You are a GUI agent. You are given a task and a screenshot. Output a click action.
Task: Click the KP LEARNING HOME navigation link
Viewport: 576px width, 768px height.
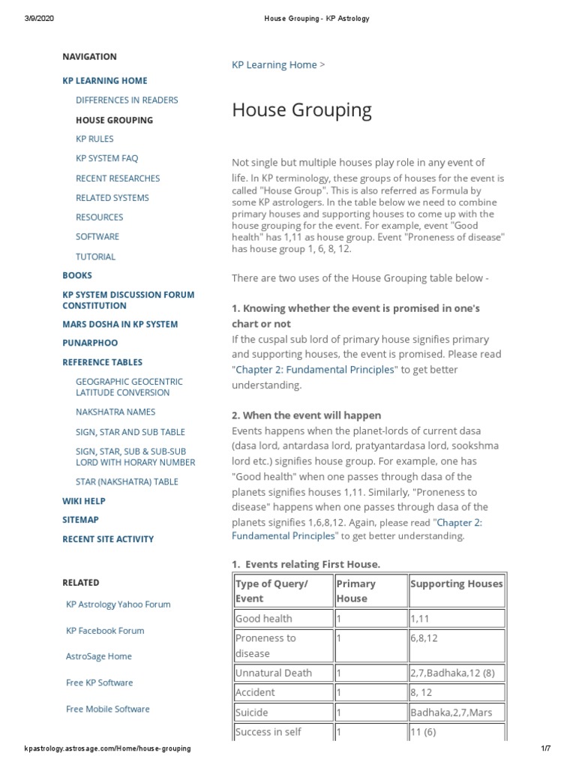pyautogui.click(x=104, y=80)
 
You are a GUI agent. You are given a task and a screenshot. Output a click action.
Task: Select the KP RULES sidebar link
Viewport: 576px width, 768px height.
pyautogui.click(x=94, y=139)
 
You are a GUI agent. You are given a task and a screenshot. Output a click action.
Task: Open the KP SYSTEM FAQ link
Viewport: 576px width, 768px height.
pyautogui.click(x=106, y=158)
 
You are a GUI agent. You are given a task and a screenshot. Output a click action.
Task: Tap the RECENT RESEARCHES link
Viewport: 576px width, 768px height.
pyautogui.click(x=117, y=178)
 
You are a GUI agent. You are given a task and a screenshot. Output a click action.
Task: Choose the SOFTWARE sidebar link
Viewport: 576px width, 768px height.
pyautogui.click(x=97, y=236)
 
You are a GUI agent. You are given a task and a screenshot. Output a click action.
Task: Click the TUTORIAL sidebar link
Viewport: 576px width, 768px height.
pyautogui.click(x=95, y=256)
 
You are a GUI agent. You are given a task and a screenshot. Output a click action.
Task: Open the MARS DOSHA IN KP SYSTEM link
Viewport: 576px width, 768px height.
pyautogui.click(x=120, y=324)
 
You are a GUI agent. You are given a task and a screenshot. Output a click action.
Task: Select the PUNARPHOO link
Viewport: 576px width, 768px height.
pyautogui.click(x=89, y=343)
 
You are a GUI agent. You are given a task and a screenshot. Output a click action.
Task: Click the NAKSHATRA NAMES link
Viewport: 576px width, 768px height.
pyautogui.click(x=115, y=412)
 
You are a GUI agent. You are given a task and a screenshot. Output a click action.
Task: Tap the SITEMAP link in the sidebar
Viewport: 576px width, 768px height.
pyautogui.click(x=80, y=520)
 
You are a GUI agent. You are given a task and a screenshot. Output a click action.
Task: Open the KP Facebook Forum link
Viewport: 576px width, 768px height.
pyautogui.click(x=105, y=631)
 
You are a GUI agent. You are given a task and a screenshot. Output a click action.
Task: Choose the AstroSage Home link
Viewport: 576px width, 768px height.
pyautogui.click(x=98, y=656)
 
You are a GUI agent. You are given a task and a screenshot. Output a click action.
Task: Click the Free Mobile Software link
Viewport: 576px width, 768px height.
pyautogui.click(x=107, y=709)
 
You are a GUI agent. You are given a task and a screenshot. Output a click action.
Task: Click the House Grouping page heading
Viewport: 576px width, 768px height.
pyautogui.click(x=301, y=110)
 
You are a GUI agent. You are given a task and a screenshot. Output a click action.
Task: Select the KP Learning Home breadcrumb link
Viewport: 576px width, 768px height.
pyautogui.click(x=274, y=64)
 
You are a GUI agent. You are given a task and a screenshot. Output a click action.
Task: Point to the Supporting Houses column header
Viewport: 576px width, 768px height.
pyautogui.click(x=456, y=583)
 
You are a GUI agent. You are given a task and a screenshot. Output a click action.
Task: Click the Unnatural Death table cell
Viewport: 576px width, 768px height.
pyautogui.click(x=273, y=673)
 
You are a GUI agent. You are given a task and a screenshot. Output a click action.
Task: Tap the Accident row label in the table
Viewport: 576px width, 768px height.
pyautogui.click(x=255, y=692)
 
